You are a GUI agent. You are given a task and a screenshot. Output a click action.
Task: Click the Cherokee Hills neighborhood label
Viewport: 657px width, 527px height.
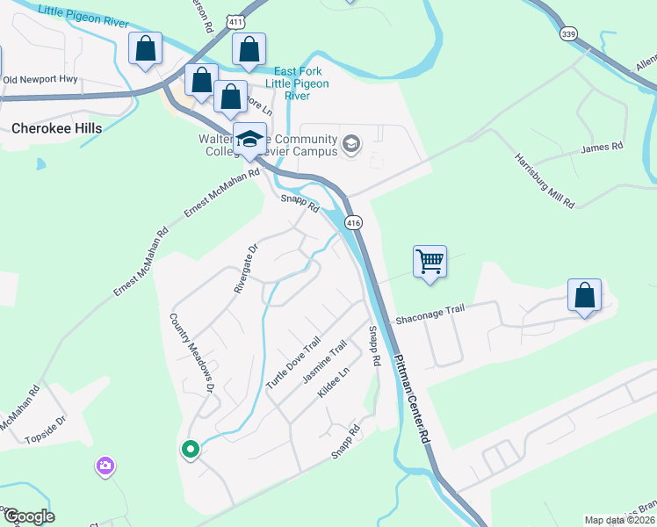tap(57, 128)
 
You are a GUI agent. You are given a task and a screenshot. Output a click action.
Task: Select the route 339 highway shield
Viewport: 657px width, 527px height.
tap(567, 33)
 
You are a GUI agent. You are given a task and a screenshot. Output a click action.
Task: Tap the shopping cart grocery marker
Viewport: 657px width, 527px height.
tap(430, 262)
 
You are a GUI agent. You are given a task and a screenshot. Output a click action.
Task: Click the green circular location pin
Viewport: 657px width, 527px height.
tap(190, 451)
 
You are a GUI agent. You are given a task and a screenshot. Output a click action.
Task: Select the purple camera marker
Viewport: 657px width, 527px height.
tap(105, 466)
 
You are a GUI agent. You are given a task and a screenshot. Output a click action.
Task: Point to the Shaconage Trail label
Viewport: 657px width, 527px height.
tap(429, 314)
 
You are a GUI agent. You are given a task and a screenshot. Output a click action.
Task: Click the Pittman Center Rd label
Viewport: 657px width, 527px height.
tap(413, 399)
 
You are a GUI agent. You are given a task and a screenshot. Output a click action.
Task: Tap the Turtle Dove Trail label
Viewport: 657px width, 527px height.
tap(292, 364)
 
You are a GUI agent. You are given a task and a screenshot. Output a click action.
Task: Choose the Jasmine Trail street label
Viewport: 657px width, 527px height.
tap(325, 362)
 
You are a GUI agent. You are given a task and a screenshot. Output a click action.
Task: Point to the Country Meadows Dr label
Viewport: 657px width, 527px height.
tap(192, 353)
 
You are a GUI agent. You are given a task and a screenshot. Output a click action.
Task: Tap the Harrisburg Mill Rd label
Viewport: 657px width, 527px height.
tap(545, 182)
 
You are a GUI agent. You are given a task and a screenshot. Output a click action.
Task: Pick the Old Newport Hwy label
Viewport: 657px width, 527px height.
tap(40, 79)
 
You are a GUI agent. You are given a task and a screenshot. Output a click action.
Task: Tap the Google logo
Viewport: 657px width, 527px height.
tap(28, 516)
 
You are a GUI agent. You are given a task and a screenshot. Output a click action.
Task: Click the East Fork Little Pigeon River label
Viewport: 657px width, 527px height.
tap(298, 77)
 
